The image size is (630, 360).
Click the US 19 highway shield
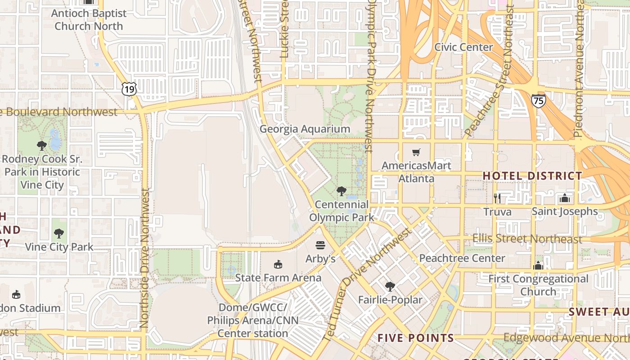tap(129, 89)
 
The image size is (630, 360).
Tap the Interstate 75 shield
tap(538, 100)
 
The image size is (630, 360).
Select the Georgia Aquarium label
tap(305, 129)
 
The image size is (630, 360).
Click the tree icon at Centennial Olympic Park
tap(342, 191)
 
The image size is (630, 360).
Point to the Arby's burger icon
tap(320, 245)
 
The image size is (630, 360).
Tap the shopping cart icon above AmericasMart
tap(416, 153)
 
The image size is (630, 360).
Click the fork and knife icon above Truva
tap(497, 198)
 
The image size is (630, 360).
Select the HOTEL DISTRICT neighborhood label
tap(532, 176)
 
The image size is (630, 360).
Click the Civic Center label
tap(463, 47)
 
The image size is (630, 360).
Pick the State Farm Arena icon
tap(278, 264)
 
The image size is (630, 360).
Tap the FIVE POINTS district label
tap(415, 338)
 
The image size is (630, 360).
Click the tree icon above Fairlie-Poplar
tap(390, 286)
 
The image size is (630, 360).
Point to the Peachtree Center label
tap(462, 258)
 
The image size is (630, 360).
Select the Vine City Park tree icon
tap(59, 234)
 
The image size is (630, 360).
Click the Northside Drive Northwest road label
tap(144, 257)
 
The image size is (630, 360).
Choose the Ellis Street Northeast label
tap(527, 239)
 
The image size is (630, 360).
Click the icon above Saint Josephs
tap(565, 198)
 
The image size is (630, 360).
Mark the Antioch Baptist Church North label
tap(88, 19)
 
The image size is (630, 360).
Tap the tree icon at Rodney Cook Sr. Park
tap(42, 146)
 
